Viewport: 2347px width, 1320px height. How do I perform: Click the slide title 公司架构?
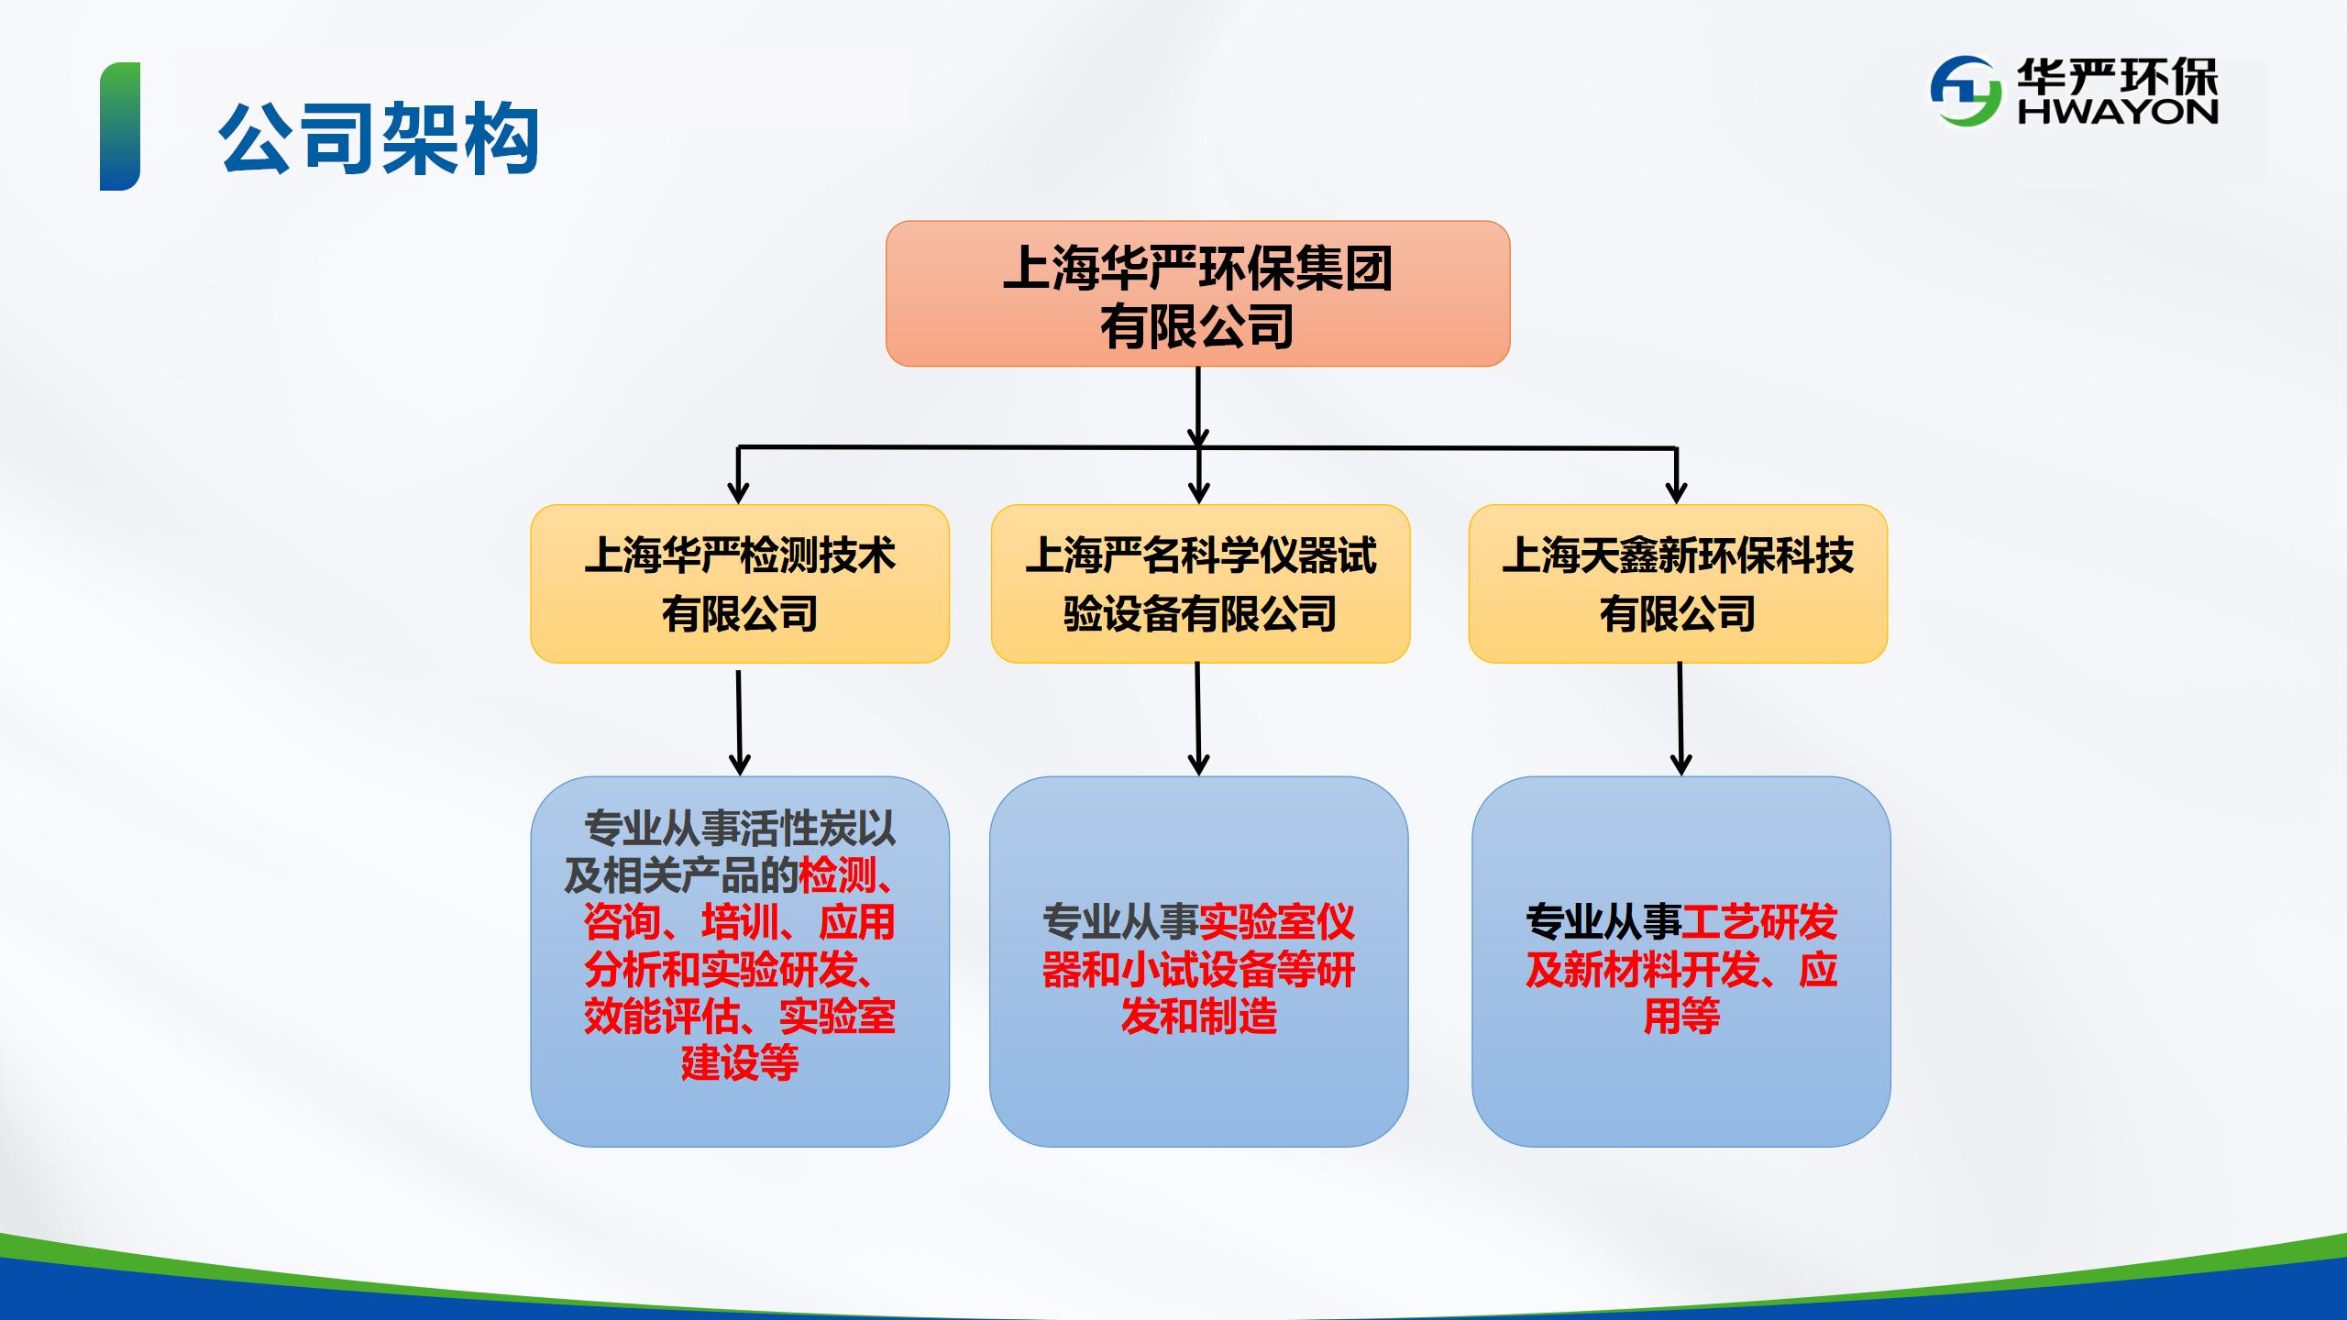click(379, 138)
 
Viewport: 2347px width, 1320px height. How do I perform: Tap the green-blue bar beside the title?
click(120, 126)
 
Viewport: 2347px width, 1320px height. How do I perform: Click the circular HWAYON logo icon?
click(1966, 92)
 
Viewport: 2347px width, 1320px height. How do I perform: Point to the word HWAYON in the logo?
click(2117, 111)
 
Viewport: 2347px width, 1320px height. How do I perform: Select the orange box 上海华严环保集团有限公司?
click(1197, 293)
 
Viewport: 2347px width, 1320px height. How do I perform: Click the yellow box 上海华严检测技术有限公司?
click(740, 584)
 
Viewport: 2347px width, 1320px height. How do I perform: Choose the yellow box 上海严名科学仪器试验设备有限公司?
click(1200, 584)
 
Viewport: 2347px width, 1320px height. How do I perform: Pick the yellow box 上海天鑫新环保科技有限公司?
click(1678, 584)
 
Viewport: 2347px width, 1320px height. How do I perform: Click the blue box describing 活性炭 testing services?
click(740, 962)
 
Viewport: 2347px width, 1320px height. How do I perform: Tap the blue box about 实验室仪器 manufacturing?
click(1199, 962)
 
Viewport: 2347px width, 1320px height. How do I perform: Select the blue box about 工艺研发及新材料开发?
click(1681, 962)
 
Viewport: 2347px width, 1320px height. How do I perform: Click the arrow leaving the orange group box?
click(1197, 407)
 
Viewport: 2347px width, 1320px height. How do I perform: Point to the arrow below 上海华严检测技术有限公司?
click(739, 723)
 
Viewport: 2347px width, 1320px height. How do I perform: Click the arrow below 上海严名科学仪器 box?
click(1198, 720)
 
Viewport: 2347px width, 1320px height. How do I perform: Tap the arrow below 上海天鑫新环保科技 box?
click(1680, 720)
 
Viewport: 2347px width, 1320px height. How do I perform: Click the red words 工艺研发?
click(1759, 922)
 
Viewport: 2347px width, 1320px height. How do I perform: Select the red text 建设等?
click(740, 1063)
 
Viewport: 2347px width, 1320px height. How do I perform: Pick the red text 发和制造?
click(1199, 1017)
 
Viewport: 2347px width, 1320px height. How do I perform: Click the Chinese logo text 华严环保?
click(2117, 74)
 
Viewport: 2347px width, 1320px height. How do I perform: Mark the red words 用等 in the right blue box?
click(1681, 1017)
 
